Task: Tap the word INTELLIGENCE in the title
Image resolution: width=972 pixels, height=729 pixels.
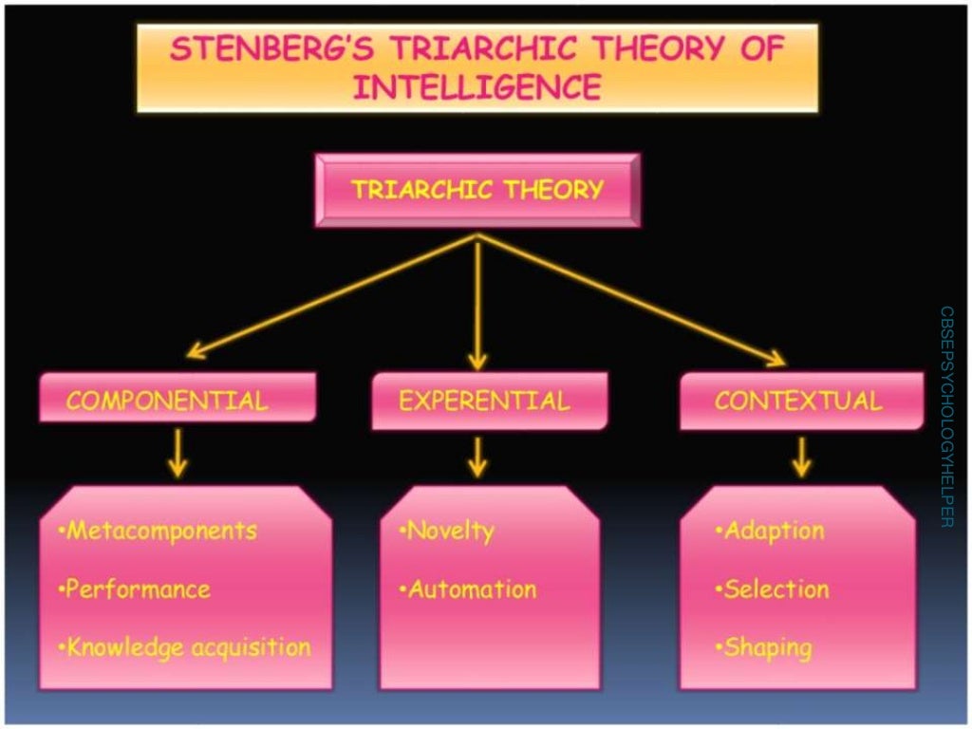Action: pyautogui.click(x=477, y=86)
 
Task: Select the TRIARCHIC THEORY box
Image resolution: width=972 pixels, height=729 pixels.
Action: pyautogui.click(x=477, y=190)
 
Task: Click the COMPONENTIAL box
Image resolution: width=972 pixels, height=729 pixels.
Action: pyautogui.click(x=167, y=401)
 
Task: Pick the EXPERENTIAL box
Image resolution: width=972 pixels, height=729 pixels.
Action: pyautogui.click(x=485, y=401)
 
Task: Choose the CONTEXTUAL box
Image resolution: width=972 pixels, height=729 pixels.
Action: pyautogui.click(x=798, y=401)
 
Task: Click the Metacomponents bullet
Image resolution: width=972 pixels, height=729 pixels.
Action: pyautogui.click(x=158, y=530)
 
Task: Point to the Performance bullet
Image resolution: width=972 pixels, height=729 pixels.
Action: pyautogui.click(x=135, y=589)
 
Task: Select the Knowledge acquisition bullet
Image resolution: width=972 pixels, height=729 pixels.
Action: pyautogui.click(x=185, y=648)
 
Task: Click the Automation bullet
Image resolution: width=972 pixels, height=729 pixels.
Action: pyautogui.click(x=469, y=589)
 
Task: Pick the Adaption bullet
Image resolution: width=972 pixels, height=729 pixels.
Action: pyautogui.click(x=770, y=531)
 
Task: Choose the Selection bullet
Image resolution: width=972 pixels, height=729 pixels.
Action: pyautogui.click(x=773, y=589)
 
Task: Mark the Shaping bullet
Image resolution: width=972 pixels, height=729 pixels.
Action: pyautogui.click(x=764, y=648)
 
